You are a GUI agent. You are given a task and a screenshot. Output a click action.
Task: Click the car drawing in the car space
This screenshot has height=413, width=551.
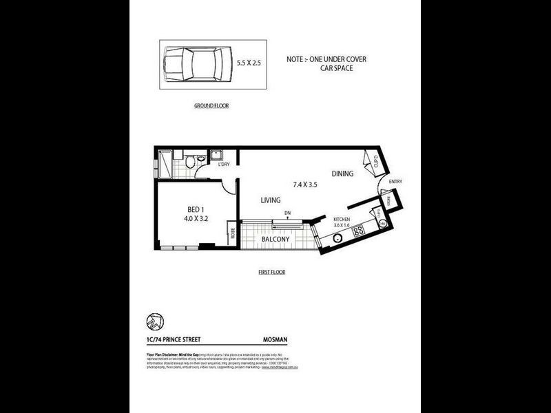194,66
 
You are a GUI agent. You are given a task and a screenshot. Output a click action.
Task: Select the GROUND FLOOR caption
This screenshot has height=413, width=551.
211,106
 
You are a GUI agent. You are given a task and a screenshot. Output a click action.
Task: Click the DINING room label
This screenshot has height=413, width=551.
342,173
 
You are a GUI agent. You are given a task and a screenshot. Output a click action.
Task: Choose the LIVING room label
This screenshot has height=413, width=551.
270,200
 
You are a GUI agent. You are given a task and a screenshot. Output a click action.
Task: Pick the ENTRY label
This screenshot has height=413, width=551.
395,182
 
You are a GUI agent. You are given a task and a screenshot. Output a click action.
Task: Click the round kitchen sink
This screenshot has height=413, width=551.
338,238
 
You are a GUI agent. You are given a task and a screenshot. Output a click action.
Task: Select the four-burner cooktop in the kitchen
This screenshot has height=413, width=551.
359,231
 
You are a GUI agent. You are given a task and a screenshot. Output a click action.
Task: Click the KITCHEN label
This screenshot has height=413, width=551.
342,218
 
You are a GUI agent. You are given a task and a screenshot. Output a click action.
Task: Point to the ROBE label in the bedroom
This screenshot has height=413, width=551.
233,233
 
